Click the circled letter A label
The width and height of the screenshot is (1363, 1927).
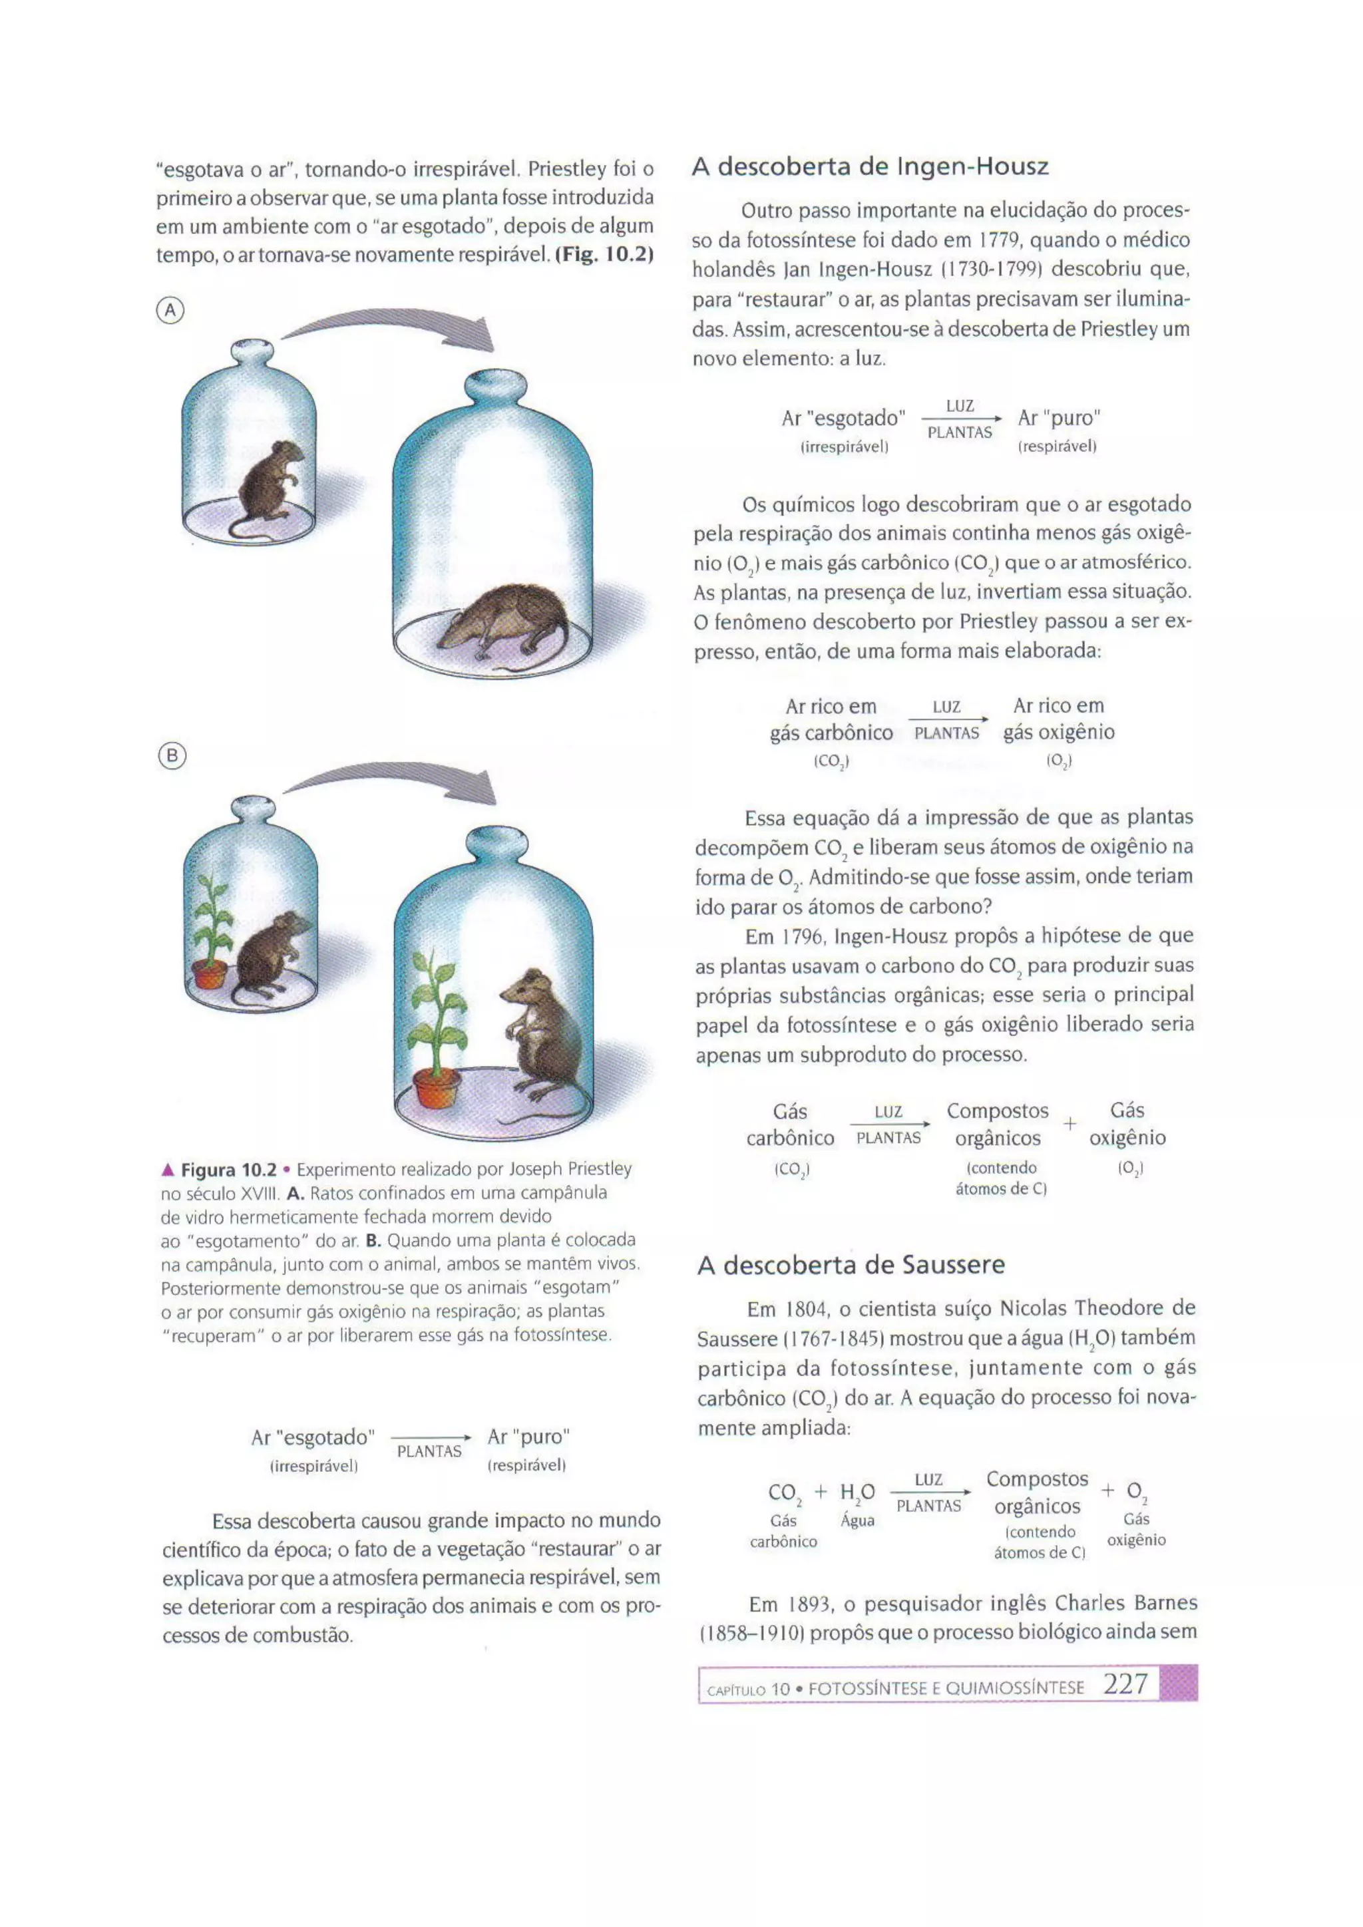point(170,311)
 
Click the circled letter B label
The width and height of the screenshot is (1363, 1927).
point(171,756)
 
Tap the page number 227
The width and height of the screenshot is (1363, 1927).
point(1125,1684)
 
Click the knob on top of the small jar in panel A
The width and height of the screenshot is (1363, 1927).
point(252,351)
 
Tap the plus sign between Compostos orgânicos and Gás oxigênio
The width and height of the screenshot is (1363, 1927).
point(1070,1123)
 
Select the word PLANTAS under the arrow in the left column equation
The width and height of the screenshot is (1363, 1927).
point(429,1451)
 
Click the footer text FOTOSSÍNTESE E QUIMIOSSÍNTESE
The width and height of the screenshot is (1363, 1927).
point(946,1688)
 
